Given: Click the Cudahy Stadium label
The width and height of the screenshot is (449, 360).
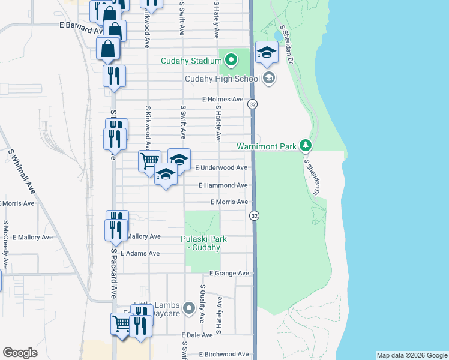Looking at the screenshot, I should pos(191,61).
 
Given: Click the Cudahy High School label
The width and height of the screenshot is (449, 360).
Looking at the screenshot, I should pos(222,79).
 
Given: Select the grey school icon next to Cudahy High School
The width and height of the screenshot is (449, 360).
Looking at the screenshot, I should pos(269,77).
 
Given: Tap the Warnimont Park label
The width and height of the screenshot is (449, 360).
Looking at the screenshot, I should pos(267,146).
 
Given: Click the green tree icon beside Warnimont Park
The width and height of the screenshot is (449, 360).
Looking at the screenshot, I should pos(306,146).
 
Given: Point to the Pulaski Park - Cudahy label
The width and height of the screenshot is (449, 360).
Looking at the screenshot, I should pos(204,243).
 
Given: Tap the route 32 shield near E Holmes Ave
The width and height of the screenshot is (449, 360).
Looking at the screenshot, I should pos(253,104).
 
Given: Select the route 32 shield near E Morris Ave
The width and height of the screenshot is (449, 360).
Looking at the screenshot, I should pos(255,215).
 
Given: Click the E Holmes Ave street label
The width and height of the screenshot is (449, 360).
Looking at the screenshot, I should pos(223,99).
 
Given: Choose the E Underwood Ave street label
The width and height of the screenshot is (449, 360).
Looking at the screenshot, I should pos(221,168).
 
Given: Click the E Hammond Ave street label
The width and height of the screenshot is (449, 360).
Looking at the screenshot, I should pos(223,185).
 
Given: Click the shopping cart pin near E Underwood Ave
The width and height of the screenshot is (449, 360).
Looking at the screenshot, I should pos(149,160).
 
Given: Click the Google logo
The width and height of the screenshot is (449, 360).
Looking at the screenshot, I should pos(20,353).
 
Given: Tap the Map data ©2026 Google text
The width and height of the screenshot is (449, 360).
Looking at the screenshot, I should pos(411,355).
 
